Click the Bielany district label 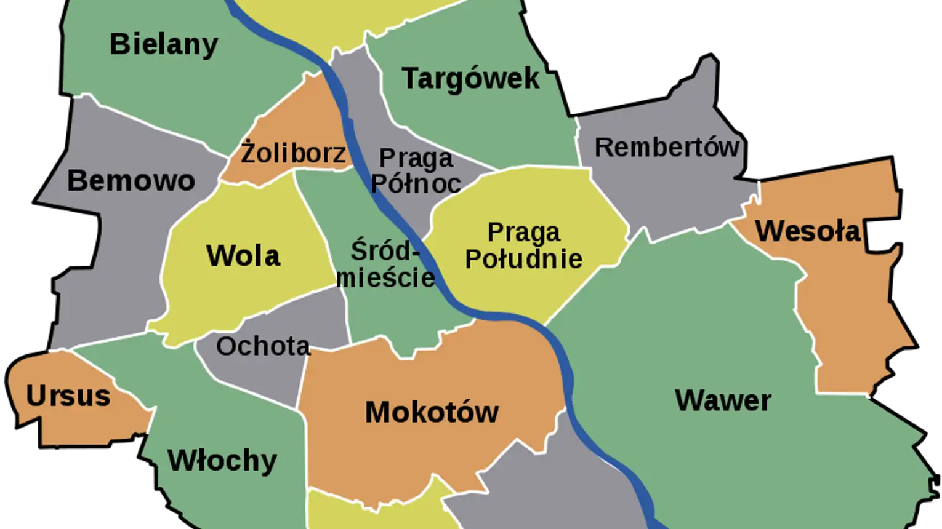point(164,44)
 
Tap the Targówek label point(470,79)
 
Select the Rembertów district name point(667,148)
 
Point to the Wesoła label point(808,231)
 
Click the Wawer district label point(723,400)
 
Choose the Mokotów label point(432,412)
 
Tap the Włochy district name point(222,461)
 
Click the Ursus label point(68,396)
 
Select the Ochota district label point(263,346)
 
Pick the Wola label point(243,256)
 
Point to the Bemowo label point(131,181)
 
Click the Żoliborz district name point(293,153)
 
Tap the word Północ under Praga point(416,183)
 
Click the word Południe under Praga point(523,259)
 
